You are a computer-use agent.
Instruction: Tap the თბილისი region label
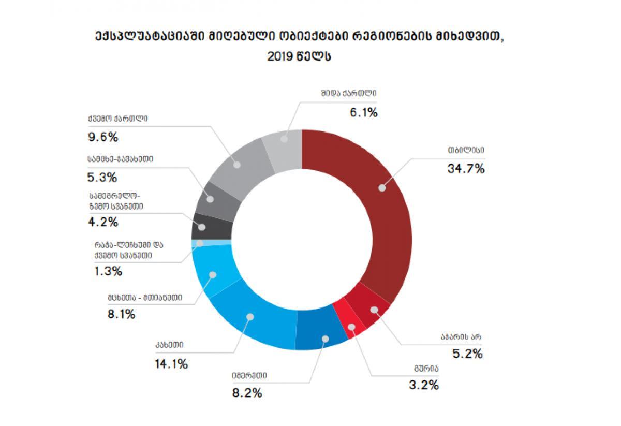(x=467, y=151)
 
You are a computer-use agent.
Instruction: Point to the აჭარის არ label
(x=459, y=336)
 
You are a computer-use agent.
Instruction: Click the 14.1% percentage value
(x=171, y=364)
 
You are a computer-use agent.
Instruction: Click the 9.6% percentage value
(x=102, y=137)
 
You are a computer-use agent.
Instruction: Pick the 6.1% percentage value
(x=363, y=112)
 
